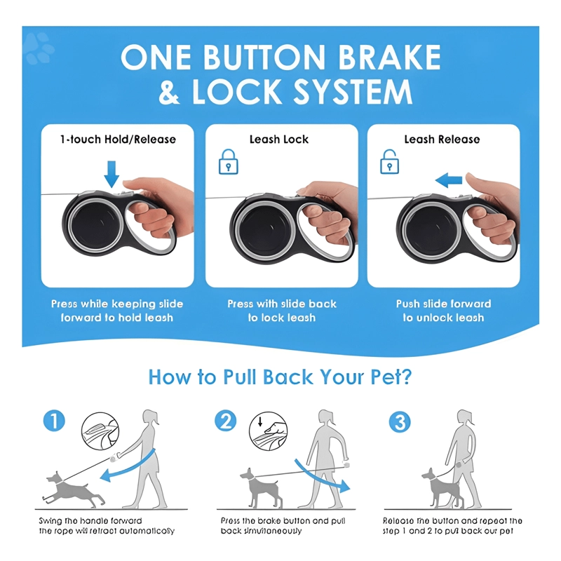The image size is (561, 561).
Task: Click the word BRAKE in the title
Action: [389, 57]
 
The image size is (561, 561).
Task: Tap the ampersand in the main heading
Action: [169, 92]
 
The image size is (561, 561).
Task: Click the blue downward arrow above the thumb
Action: [111, 174]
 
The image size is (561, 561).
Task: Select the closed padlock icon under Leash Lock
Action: [229, 162]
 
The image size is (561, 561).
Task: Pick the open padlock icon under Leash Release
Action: [389, 162]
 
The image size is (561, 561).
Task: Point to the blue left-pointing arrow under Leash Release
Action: [449, 180]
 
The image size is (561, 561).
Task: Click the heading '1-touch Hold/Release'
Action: [118, 139]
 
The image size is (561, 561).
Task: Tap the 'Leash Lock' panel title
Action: [279, 139]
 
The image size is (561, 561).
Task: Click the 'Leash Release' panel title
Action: [442, 139]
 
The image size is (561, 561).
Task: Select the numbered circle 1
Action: [54, 421]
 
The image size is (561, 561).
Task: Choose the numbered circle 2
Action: [225, 421]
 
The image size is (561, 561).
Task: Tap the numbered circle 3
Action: [400, 421]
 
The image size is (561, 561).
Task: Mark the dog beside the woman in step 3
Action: [442, 489]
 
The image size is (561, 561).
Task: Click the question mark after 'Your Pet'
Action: [405, 377]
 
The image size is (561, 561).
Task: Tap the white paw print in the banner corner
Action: [39, 48]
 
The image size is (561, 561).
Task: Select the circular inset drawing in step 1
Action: [100, 431]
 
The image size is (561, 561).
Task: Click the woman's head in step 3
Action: [466, 418]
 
